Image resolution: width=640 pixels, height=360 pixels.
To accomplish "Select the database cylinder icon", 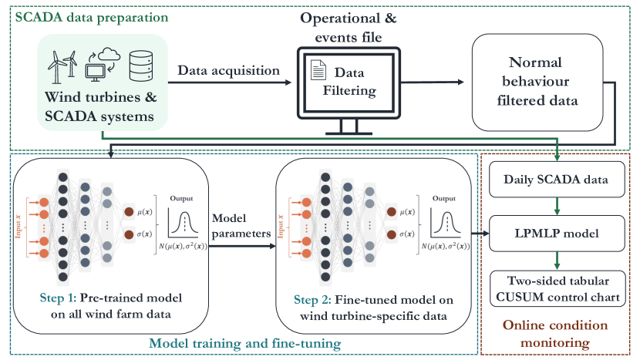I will click(140, 66).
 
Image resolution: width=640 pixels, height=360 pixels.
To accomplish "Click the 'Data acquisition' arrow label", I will click(229, 70).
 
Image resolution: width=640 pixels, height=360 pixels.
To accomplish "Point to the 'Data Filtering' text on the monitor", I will click(354, 81).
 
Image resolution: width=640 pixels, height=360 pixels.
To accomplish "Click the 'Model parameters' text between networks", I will click(234, 224).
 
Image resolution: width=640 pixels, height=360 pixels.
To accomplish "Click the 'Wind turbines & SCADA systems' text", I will click(103, 108).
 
